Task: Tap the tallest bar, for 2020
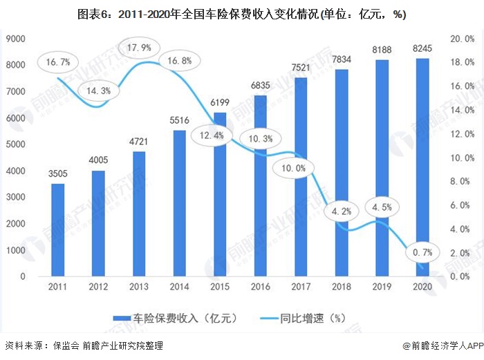tap(421, 167)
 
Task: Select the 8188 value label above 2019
tap(381, 52)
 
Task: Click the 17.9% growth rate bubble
tap(140, 48)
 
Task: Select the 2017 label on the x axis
tap(300, 286)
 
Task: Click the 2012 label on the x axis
tap(98, 286)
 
